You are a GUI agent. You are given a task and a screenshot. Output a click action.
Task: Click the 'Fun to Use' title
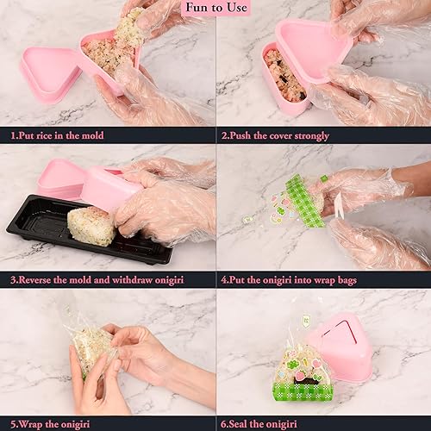point(216,8)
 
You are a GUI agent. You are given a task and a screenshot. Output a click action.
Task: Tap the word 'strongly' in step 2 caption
point(311,136)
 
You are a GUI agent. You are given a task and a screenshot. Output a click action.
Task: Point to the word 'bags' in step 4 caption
point(347,280)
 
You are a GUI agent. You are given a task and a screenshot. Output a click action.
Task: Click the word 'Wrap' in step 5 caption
point(31,424)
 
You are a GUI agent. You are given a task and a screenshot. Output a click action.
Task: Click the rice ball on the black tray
point(91,226)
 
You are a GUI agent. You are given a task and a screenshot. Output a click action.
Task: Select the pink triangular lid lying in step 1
point(49,74)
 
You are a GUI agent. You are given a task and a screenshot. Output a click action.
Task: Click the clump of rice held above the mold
point(129,28)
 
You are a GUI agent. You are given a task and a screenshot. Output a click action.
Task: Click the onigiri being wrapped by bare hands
point(92,347)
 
